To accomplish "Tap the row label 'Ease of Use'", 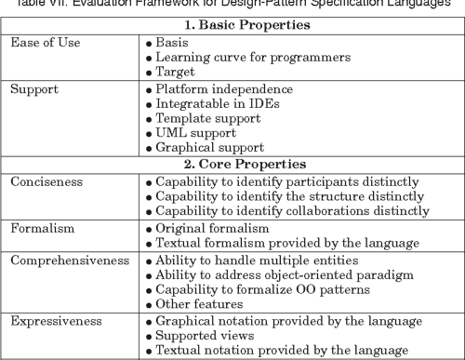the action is pyautogui.click(x=46, y=42).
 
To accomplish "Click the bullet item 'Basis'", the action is pyautogui.click(x=173, y=42).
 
